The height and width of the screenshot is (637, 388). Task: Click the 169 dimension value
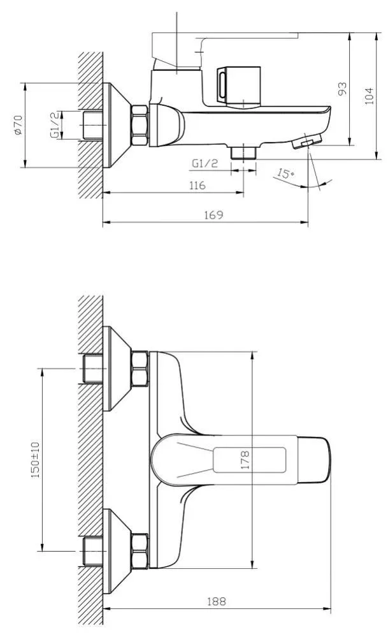[x=213, y=214]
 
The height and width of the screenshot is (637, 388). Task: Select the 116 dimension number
[x=198, y=186]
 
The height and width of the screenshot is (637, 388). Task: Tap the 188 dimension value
[x=217, y=601]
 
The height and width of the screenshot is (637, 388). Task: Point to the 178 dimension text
[x=245, y=460]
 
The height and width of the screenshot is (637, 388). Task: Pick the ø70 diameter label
[x=17, y=125]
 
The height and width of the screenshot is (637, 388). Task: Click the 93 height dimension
[x=343, y=89]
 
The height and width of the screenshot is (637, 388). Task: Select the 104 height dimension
[x=368, y=96]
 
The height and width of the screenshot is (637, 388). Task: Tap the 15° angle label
[x=285, y=173]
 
